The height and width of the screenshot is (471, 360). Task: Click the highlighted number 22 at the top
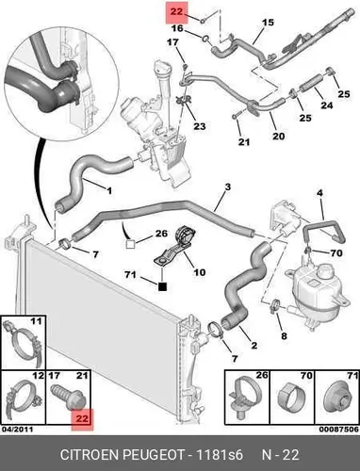pyautogui.click(x=176, y=12)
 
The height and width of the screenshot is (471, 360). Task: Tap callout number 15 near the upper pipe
pyautogui.click(x=268, y=23)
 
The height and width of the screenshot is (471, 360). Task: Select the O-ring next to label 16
pyautogui.click(x=205, y=39)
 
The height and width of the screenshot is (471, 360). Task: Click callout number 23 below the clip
pyautogui.click(x=200, y=126)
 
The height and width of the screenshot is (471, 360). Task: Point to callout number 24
pyautogui.click(x=327, y=105)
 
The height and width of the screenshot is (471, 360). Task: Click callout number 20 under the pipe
pyautogui.click(x=278, y=136)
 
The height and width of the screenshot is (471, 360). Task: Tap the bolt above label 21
pyautogui.click(x=236, y=115)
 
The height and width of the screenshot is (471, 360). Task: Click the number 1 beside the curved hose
pyautogui.click(x=109, y=190)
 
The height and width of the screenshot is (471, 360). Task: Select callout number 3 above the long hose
pyautogui.click(x=228, y=187)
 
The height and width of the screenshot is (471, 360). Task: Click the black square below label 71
pyautogui.click(x=162, y=286)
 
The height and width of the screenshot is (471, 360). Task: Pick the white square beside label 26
pyautogui.click(x=130, y=244)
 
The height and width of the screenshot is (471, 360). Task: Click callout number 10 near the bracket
pyautogui.click(x=200, y=272)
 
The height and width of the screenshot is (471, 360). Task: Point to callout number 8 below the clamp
pyautogui.click(x=284, y=336)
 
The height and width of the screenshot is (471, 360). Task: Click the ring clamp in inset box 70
pyautogui.click(x=292, y=398)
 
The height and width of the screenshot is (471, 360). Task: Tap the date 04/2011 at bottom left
pyautogui.click(x=17, y=429)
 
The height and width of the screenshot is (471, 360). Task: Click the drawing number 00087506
pyautogui.click(x=339, y=429)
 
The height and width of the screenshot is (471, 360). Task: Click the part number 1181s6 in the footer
pyautogui.click(x=220, y=455)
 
